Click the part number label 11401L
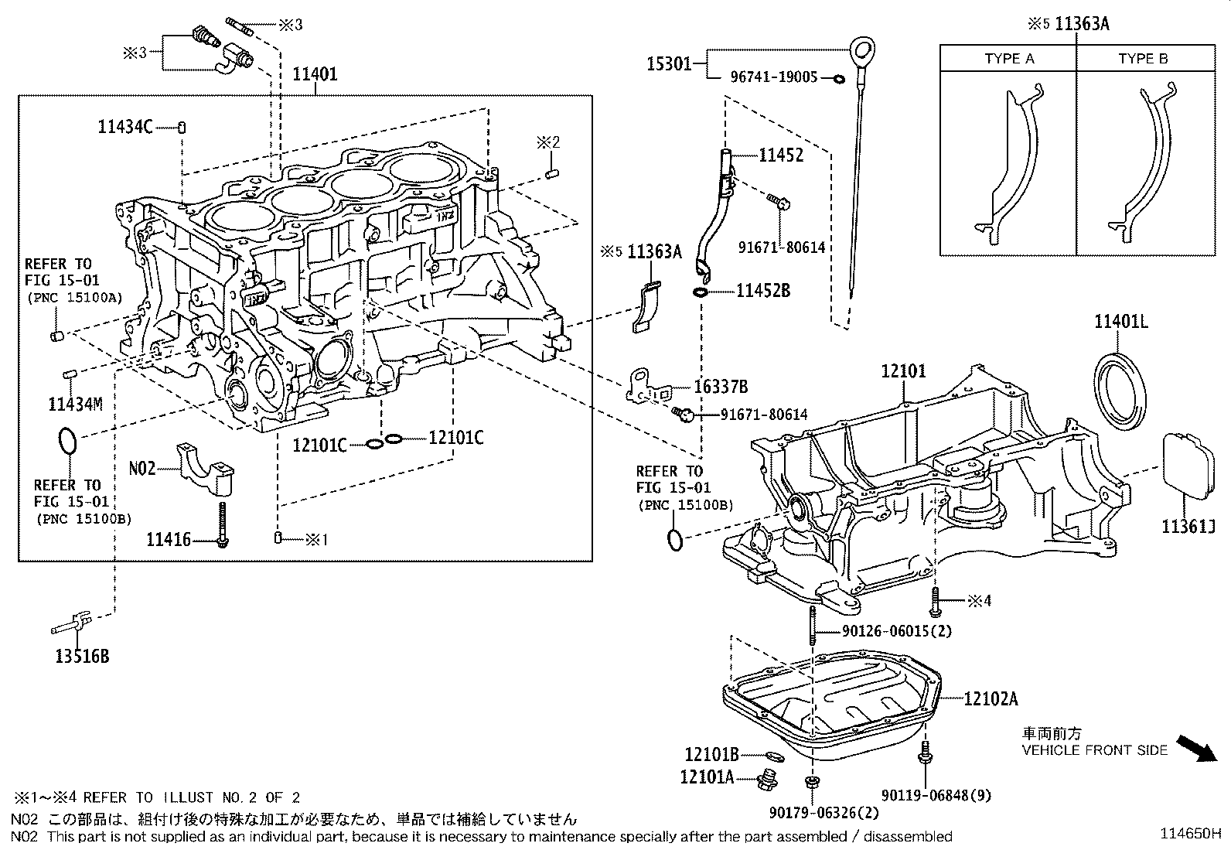[1120, 322]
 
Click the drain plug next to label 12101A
[767, 780]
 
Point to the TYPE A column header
[1009, 59]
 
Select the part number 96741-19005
[773, 78]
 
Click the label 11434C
[125, 127]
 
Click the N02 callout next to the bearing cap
[142, 467]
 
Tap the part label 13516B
[82, 657]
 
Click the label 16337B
[721, 387]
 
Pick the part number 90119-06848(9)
[936, 795]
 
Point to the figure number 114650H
[1190, 834]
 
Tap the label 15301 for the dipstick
[669, 63]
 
